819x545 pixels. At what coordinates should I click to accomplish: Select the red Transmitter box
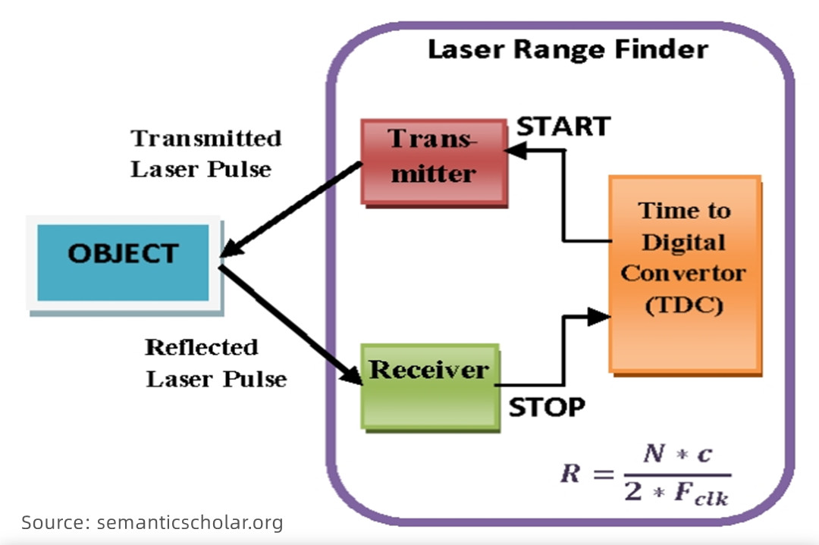[x=433, y=161]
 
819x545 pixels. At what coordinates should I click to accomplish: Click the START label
[x=563, y=127]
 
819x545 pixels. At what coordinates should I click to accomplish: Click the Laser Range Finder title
[x=567, y=50]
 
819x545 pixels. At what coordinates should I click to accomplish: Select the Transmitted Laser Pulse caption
[x=205, y=153]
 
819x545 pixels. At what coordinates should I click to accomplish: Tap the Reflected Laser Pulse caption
[x=215, y=362]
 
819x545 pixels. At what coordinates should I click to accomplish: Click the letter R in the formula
[x=570, y=475]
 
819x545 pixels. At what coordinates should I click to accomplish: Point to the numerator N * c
[x=678, y=455]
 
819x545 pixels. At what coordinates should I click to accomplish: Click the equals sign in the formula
[x=604, y=475]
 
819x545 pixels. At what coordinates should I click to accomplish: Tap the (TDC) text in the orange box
[x=683, y=305]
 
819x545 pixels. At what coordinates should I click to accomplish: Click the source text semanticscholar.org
[x=190, y=522]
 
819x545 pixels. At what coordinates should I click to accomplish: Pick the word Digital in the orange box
[x=683, y=243]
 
